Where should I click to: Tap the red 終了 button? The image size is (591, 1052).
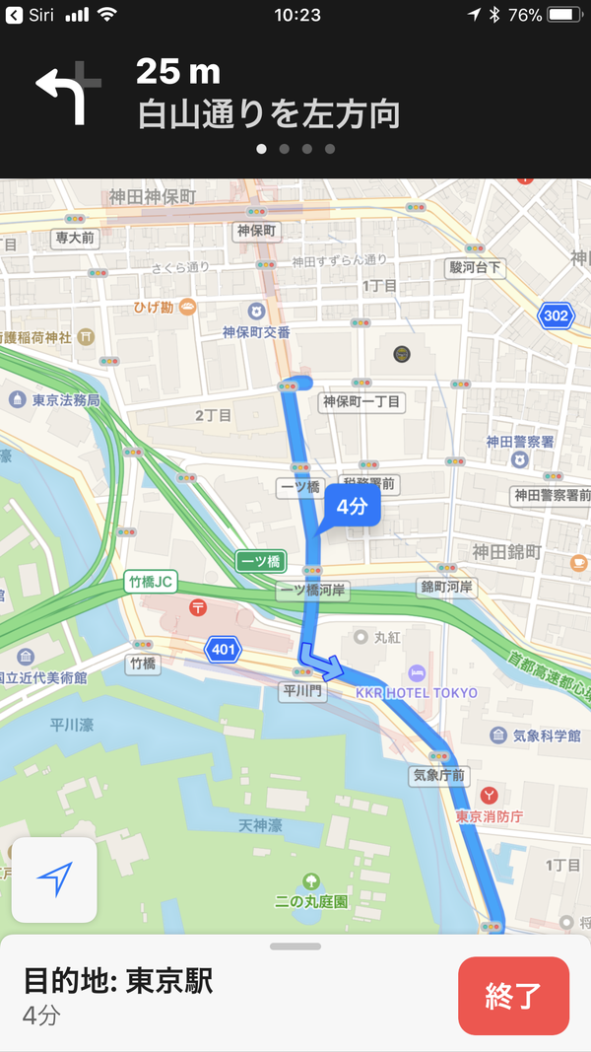tap(513, 996)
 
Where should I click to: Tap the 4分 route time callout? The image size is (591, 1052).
tap(352, 508)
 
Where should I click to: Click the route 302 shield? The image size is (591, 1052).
tap(556, 316)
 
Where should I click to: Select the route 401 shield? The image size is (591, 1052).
tap(222, 649)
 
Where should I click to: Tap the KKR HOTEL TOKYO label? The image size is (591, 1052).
tap(417, 692)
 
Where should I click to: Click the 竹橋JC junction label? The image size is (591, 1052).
tap(151, 582)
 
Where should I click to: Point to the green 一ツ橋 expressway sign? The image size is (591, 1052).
tap(260, 561)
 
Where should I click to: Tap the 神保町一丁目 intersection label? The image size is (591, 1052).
tap(361, 402)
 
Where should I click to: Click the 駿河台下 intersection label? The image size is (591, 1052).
tap(475, 267)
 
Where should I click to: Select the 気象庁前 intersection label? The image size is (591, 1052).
tap(437, 776)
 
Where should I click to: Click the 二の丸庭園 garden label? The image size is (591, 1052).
tap(312, 901)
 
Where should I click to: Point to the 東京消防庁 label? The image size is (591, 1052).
tap(489, 816)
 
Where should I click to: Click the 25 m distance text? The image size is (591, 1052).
tap(178, 72)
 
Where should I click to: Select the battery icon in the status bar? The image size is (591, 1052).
tap(563, 15)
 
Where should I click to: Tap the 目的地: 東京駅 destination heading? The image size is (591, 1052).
tap(118, 981)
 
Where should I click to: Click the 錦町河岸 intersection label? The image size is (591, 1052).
tap(446, 588)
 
